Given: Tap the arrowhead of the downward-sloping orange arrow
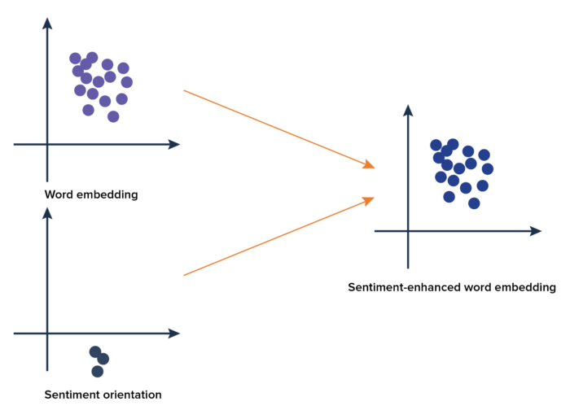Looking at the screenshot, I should point(370,166).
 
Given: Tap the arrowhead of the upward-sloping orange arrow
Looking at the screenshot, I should point(370,199).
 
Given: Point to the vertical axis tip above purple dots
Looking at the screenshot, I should point(47,22).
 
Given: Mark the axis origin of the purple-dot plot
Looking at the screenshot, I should point(47,144).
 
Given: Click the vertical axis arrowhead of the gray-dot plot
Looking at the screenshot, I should point(47,212).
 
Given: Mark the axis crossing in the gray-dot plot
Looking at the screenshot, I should point(47,333).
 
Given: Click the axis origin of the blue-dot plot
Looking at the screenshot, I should point(408,231).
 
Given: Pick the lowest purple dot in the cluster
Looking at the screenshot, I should point(113,116).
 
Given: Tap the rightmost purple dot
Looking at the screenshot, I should point(127,81).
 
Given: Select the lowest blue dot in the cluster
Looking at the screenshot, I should point(474,203).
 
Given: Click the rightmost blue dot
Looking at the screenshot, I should point(488,168).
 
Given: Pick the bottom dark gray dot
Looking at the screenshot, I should point(98,371).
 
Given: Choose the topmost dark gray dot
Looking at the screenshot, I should point(95,351).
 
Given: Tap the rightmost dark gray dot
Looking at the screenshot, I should point(103,359).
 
